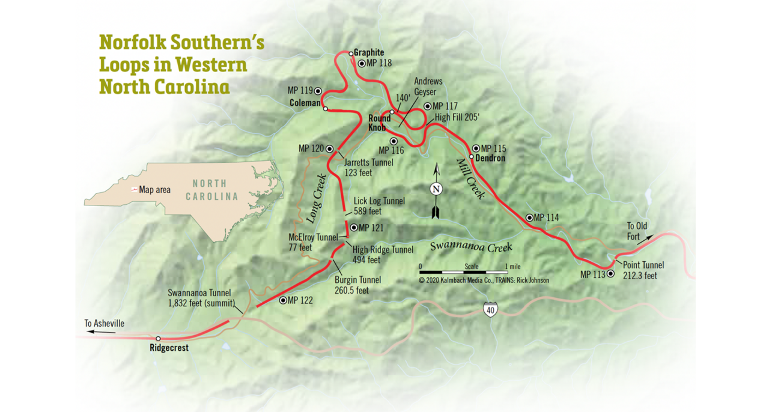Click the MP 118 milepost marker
click(x=362, y=63)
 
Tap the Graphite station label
click(x=368, y=52)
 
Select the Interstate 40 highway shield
click(x=491, y=310)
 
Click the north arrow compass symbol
click(x=436, y=190)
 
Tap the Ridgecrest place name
click(x=169, y=348)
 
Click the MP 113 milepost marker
click(x=611, y=274)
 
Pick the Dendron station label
click(x=490, y=159)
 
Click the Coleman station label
click(x=305, y=103)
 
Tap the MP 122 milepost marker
click(x=284, y=300)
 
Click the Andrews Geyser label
click(x=428, y=86)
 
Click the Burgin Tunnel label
click(x=357, y=285)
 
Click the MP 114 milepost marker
click(x=529, y=217)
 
